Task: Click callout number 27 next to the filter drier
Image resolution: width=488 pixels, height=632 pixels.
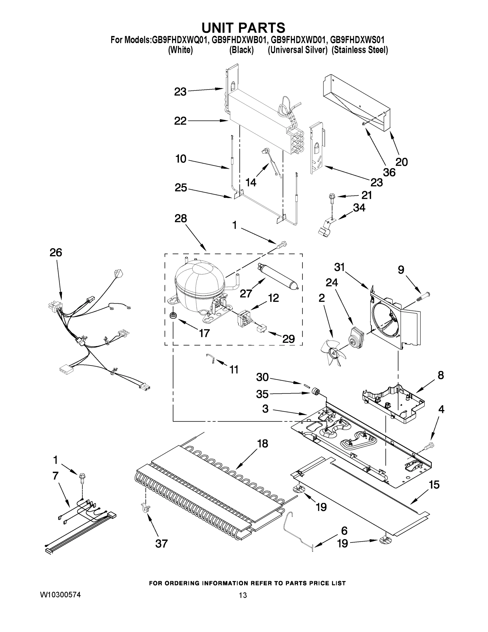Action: pos(246,293)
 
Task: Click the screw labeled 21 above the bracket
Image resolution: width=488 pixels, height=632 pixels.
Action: pos(331,198)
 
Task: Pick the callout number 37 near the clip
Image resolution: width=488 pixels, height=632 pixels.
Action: pos(161,544)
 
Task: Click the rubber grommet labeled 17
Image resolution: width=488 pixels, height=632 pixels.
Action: pos(173,315)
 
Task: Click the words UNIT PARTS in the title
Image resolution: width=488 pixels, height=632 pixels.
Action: pos(243,28)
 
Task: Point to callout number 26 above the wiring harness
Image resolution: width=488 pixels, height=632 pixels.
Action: pos(56,253)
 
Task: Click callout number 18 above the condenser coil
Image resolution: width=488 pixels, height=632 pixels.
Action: pos(262,443)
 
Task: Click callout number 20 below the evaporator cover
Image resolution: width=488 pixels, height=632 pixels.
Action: pos(401,162)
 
